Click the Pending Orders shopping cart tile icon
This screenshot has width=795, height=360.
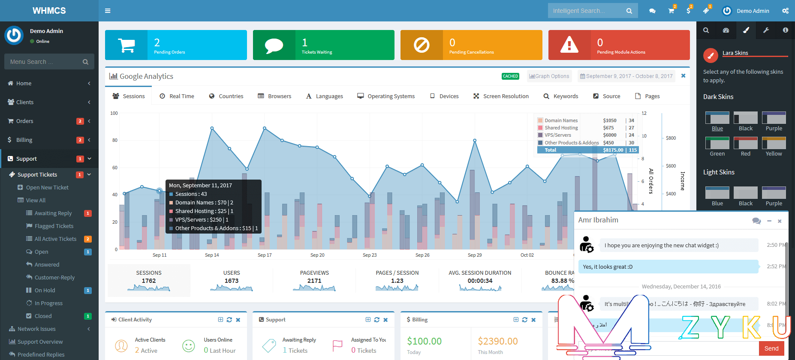click(x=126, y=45)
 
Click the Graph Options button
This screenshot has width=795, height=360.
click(x=549, y=76)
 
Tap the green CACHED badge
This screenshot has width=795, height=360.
click(x=510, y=76)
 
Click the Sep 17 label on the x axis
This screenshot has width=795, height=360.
click(x=265, y=255)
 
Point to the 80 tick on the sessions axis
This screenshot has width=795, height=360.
click(x=114, y=140)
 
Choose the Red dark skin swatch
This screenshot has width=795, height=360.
click(x=745, y=142)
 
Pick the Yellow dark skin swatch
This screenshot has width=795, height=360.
click(x=774, y=142)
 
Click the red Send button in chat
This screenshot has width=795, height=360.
click(x=771, y=348)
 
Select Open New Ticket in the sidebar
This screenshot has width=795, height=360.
click(x=47, y=187)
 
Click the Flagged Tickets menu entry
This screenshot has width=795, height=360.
click(x=54, y=226)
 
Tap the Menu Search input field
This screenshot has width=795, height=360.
click(x=45, y=62)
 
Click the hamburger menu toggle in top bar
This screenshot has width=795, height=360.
click(x=108, y=11)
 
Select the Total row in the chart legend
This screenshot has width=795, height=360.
click(x=587, y=150)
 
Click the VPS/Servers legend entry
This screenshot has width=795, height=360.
click(x=557, y=135)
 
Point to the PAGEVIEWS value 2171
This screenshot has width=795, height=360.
click(x=314, y=281)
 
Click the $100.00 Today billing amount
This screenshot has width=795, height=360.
click(x=424, y=341)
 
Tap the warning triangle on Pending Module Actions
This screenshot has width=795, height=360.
click(x=569, y=45)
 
